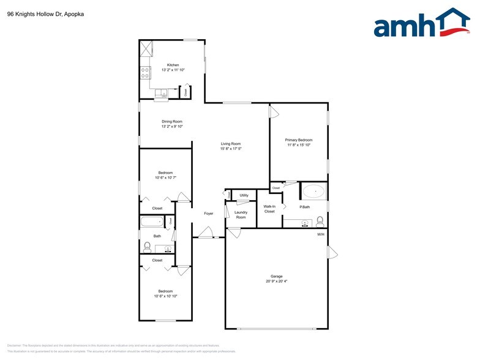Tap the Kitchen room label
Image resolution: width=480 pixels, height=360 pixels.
point(173,64)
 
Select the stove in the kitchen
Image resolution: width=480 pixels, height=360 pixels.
point(146,73)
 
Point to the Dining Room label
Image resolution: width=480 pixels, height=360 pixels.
point(172,121)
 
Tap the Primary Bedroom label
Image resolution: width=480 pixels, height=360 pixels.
point(299,140)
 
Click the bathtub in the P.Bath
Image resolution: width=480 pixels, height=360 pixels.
point(314,192)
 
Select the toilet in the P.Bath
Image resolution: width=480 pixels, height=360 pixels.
point(320,221)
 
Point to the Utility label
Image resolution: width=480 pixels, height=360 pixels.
point(244,195)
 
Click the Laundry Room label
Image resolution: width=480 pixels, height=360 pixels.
point(241,215)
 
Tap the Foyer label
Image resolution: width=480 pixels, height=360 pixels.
point(208,213)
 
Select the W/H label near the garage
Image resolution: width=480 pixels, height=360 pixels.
point(320,234)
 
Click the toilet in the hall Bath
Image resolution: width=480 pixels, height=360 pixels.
point(147,247)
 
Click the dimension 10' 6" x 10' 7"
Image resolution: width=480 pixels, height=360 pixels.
point(165,178)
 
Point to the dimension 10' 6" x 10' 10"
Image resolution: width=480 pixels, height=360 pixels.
point(165,296)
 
